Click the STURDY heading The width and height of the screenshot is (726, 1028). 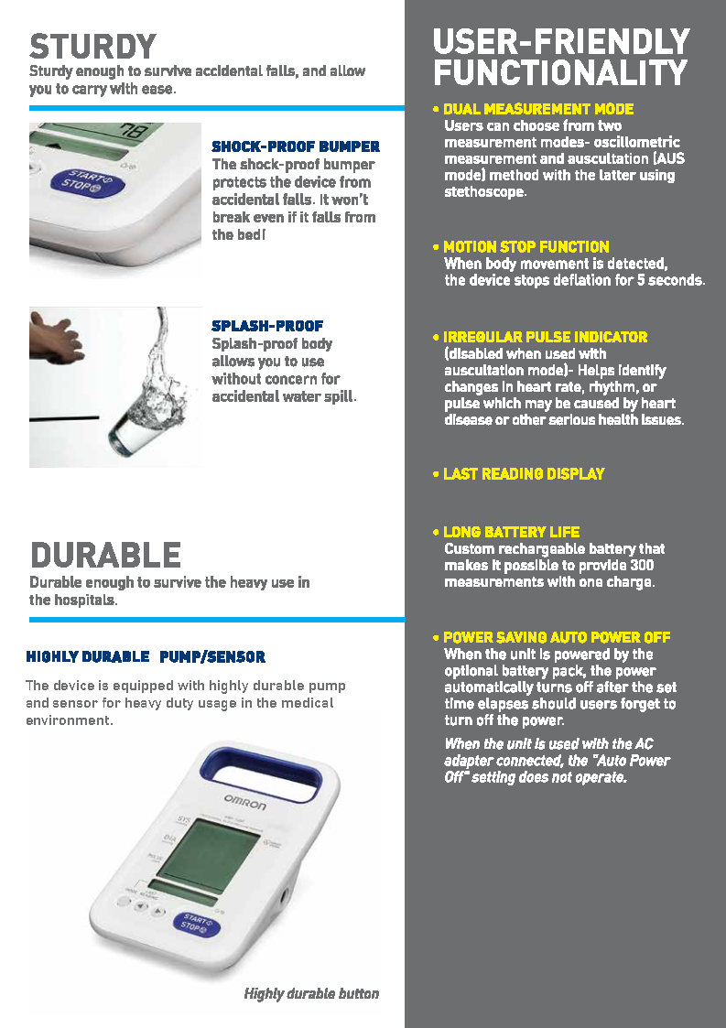point(92,47)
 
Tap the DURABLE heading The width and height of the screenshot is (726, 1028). point(105,555)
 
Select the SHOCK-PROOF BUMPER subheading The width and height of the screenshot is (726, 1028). point(296,146)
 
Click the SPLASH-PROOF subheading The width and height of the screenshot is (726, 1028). point(267,325)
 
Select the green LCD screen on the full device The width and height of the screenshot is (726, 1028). point(209,856)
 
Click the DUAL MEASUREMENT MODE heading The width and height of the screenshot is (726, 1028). point(538,109)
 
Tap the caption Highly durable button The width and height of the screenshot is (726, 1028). point(311,994)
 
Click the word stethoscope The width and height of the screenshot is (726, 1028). point(484,192)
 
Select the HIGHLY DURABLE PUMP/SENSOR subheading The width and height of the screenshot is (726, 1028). point(146,656)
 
